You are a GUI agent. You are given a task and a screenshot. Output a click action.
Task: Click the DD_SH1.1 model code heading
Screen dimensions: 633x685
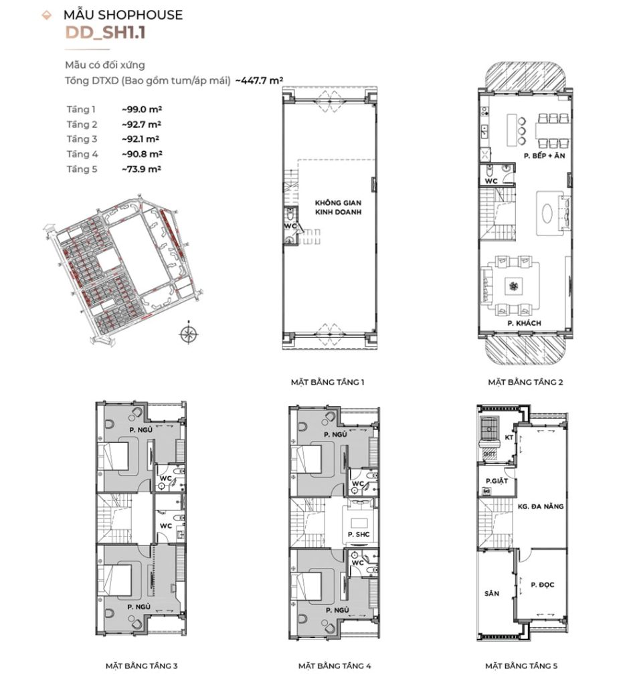tap(105, 33)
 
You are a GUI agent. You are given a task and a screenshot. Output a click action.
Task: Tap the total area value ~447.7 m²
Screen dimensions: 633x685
tap(259, 80)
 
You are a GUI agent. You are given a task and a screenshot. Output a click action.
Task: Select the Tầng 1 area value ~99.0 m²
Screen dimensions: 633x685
tap(142, 109)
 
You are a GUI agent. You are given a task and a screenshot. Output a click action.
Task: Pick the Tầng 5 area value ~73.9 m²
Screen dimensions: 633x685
tap(142, 169)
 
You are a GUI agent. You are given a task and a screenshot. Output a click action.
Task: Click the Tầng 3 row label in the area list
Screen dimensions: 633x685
tap(82, 139)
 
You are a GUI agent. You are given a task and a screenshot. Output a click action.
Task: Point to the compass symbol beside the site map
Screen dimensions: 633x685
tap(188, 334)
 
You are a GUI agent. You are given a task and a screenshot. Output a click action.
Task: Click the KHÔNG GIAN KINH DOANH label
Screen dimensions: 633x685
tap(338, 207)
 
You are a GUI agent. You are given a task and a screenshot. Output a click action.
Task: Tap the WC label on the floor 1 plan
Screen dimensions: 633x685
tap(290, 226)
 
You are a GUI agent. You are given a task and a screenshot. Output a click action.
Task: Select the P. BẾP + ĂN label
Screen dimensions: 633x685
tap(544, 155)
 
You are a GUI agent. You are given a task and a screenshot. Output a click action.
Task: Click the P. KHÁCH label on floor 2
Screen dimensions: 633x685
tap(524, 323)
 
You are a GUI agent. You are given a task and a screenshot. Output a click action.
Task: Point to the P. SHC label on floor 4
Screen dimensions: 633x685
tap(359, 534)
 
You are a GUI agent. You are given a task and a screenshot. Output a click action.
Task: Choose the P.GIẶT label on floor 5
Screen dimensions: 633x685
tap(496, 481)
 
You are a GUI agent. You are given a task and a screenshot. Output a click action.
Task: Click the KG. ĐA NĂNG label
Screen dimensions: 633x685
tap(541, 507)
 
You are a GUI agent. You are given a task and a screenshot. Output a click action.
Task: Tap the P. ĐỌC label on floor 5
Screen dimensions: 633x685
tap(543, 585)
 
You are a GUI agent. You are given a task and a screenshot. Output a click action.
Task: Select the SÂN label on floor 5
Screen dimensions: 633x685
tap(492, 594)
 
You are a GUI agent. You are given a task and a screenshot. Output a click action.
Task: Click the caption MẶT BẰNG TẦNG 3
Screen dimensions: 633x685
tap(142, 666)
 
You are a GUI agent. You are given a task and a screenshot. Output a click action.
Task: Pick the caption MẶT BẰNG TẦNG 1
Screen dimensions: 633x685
tap(327, 382)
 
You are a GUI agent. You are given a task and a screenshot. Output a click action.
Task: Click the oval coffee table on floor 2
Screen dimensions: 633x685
tap(547, 214)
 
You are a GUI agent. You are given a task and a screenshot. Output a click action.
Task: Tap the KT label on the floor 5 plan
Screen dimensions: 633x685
tap(509, 437)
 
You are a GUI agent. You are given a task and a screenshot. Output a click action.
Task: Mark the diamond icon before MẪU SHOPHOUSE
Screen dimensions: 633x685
tap(46, 16)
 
